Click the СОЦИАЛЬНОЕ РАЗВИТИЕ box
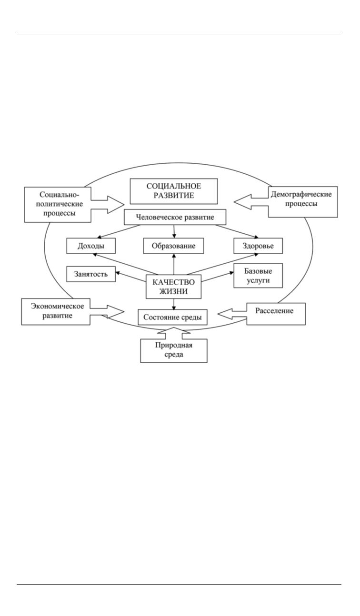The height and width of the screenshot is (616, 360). (174, 191)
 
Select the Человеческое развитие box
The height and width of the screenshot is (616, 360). (175, 218)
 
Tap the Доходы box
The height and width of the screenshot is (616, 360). (91, 246)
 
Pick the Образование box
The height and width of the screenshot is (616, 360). (174, 246)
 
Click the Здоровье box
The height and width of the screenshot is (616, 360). (259, 246)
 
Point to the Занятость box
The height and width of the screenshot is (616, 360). (91, 274)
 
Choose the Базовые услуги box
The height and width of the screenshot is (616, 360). (258, 276)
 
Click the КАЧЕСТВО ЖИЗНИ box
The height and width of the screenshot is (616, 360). (173, 286)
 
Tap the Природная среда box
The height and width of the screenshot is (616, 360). (174, 350)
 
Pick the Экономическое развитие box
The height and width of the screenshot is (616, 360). (56, 311)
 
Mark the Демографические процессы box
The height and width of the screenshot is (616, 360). (303, 201)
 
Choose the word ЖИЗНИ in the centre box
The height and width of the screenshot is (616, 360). (173, 291)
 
